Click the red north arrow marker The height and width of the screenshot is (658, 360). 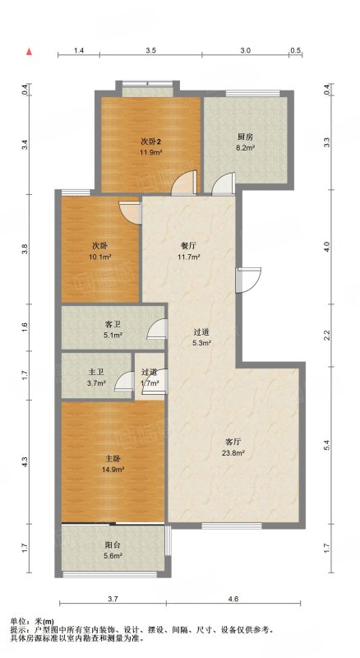pos(29,52)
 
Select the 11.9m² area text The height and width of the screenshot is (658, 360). pos(151,152)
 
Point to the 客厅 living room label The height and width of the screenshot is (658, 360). pos(233,442)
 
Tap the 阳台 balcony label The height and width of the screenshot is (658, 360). pos(113,545)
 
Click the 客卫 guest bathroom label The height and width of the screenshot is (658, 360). pos(113,324)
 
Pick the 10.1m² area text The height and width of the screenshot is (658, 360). pos(99,257)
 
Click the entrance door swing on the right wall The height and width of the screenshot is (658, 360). pos(248,280)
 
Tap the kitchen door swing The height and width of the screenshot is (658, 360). pos(224,184)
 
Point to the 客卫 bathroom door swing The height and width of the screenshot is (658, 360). pos(157,328)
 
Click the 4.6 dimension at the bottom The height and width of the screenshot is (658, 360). pos(233,600)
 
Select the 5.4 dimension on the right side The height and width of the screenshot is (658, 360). pos(328,445)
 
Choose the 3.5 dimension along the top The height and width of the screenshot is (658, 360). pos(151,50)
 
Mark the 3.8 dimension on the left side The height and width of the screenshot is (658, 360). pos(25,249)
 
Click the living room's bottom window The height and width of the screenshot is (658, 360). pos(232,526)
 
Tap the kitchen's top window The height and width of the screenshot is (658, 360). pos(252,94)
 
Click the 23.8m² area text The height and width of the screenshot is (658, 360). pos(233,453)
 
